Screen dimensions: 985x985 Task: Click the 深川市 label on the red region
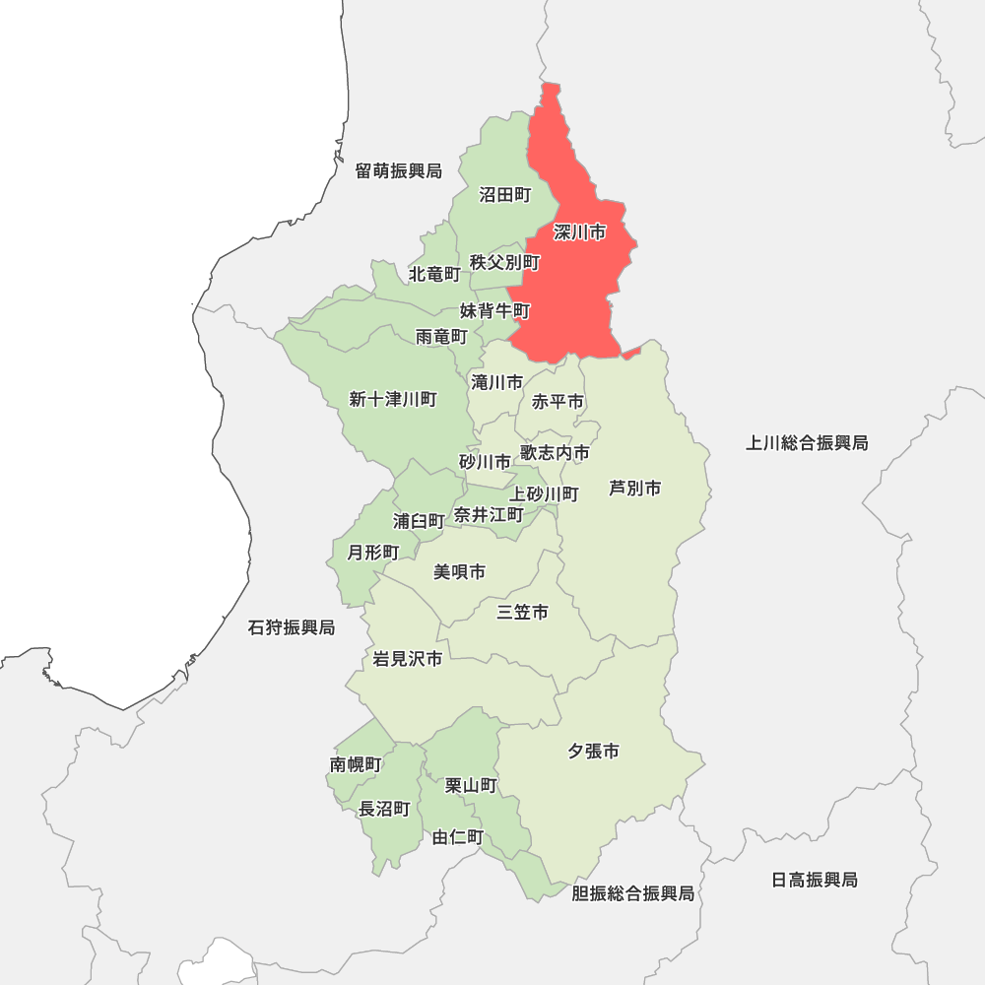(x=579, y=233)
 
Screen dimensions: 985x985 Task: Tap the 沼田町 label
(x=505, y=195)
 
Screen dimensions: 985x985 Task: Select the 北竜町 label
(x=434, y=273)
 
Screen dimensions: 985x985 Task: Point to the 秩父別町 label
(x=505, y=262)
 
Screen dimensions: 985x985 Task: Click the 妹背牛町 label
(x=494, y=311)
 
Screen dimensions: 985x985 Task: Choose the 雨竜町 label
(x=441, y=336)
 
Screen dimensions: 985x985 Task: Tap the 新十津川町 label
(x=393, y=399)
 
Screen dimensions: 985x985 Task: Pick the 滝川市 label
(x=497, y=382)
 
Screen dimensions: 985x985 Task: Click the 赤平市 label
(x=558, y=402)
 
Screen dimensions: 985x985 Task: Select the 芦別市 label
(x=634, y=488)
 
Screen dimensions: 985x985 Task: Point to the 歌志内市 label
(x=556, y=453)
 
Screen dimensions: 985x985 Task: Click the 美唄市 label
(x=459, y=572)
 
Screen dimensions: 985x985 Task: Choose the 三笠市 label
(x=522, y=613)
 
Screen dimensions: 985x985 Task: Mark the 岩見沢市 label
(x=408, y=659)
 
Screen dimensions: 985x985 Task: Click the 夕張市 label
(x=593, y=752)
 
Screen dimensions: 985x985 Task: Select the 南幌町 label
(x=356, y=764)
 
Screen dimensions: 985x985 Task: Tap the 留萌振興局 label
(x=399, y=171)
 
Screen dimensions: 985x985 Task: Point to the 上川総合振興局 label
(x=807, y=443)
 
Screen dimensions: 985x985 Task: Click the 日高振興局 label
(x=815, y=880)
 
